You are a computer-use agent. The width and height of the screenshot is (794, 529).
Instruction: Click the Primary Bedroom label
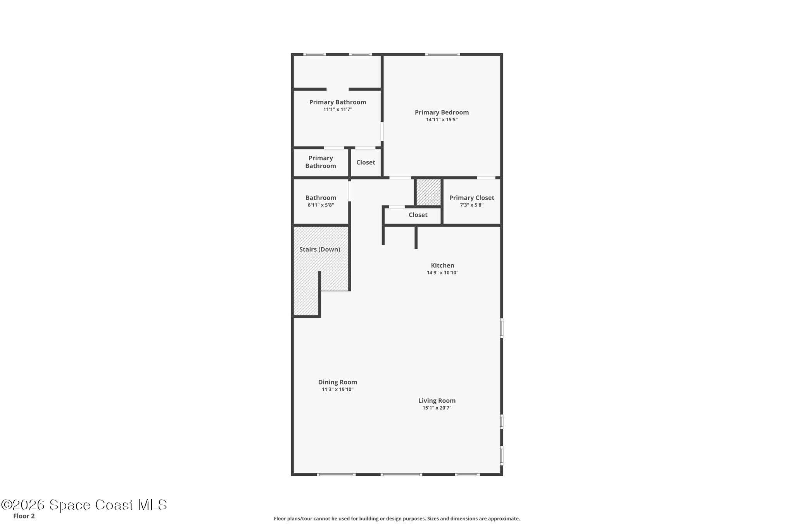pos(442,112)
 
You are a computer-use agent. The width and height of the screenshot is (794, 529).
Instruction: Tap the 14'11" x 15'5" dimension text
pos(442,120)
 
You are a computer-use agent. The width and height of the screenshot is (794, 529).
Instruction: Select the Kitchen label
pos(442,265)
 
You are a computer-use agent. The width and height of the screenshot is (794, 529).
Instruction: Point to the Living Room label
pos(437,401)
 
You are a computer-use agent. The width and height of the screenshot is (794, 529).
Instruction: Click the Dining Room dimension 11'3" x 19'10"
pos(337,389)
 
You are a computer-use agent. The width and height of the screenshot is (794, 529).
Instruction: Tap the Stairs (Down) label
pos(319,249)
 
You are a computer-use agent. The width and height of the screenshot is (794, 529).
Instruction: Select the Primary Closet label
pos(471,198)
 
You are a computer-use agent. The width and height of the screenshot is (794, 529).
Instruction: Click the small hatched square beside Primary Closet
pos(428,192)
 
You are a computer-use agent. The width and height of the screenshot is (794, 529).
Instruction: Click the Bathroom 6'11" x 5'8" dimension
pos(321,205)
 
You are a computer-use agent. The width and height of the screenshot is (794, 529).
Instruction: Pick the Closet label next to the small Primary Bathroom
pos(366,162)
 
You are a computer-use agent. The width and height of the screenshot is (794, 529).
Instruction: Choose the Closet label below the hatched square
pos(418,215)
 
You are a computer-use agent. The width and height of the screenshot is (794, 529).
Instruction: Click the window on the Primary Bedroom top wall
pos(442,54)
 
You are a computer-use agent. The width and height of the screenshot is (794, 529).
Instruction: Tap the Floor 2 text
pos(24,516)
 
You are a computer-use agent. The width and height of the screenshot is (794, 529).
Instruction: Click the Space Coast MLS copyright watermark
pos(84,505)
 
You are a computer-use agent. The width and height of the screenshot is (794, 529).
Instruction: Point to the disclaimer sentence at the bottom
pos(397,519)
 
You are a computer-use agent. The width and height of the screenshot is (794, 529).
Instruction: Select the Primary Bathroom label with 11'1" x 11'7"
pos(338,102)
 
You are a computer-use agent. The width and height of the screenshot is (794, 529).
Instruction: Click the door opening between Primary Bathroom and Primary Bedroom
pos(382,132)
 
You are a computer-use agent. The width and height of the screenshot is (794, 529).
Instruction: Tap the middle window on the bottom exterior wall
pos(401,474)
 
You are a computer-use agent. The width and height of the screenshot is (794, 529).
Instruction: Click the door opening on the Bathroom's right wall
pos(349,191)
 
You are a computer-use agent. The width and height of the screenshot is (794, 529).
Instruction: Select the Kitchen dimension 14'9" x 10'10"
pos(442,273)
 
